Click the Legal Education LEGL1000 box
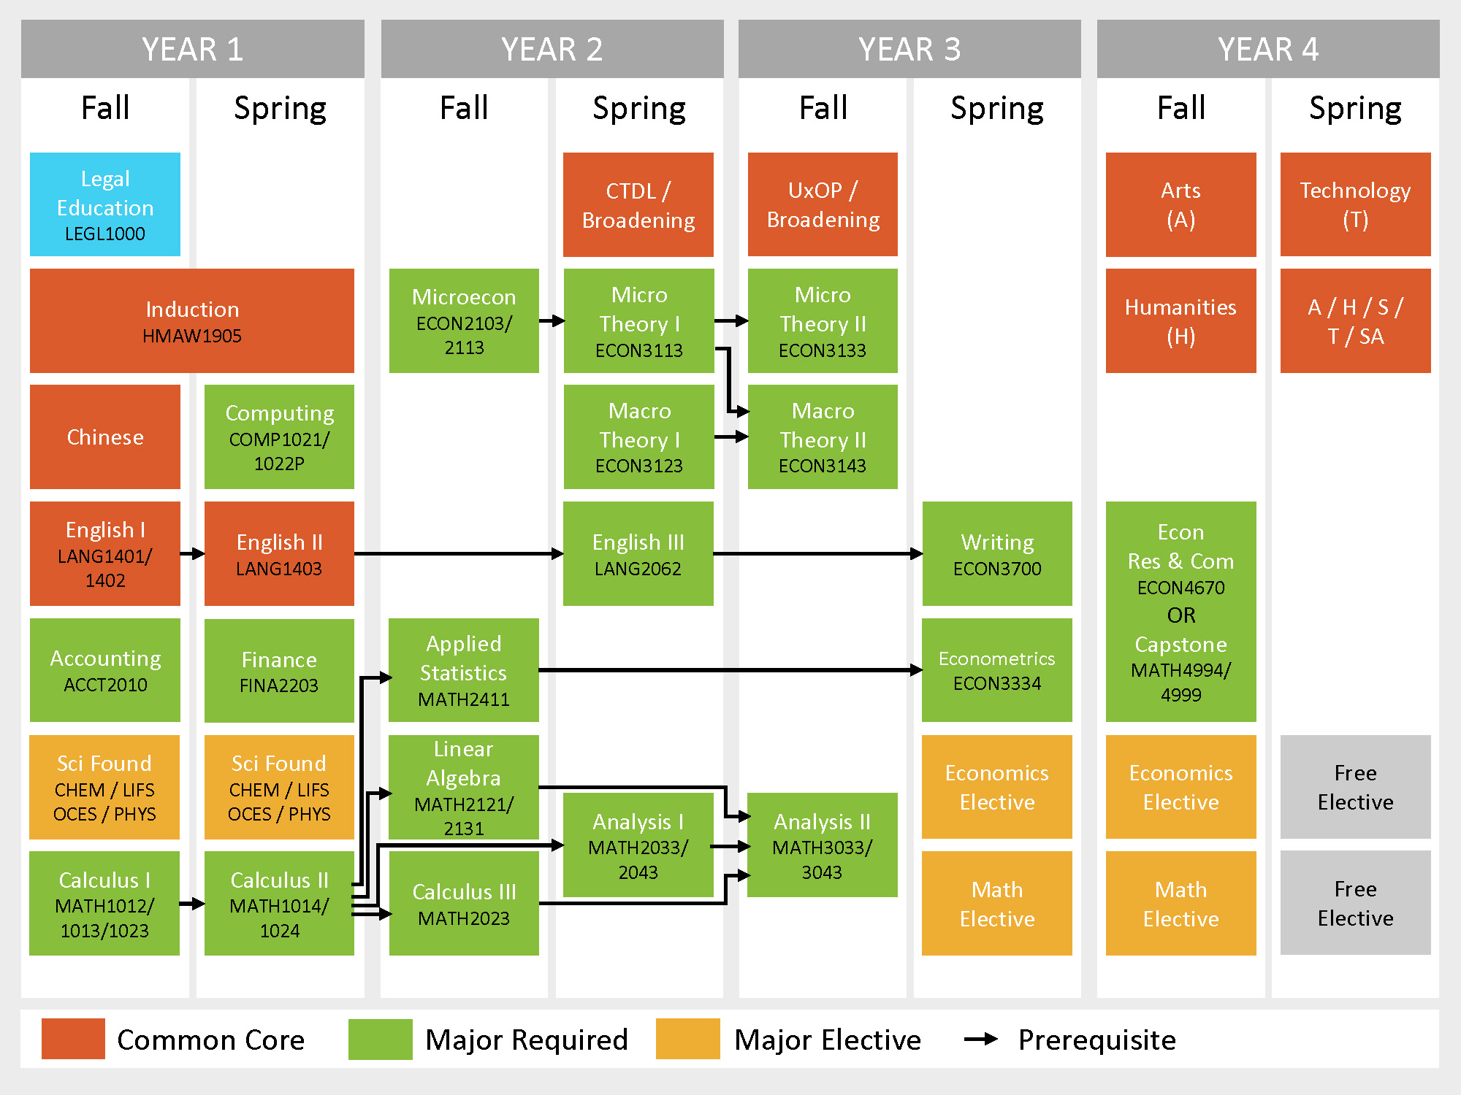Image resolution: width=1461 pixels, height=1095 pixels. [x=105, y=204]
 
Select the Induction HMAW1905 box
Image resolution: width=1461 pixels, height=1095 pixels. [x=192, y=320]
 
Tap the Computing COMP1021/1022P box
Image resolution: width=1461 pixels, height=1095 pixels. [x=279, y=437]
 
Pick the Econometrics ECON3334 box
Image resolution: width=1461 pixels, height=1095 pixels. [x=997, y=670]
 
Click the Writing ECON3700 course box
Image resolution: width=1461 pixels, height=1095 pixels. [x=997, y=553]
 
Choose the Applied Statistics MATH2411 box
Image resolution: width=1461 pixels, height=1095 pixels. [x=464, y=670]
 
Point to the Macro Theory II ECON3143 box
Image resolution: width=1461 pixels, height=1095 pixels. [x=823, y=437]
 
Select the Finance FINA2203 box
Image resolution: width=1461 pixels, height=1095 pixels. [x=279, y=670]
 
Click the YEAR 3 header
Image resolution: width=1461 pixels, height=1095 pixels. [x=909, y=49]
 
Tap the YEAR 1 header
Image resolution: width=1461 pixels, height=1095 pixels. [x=193, y=49]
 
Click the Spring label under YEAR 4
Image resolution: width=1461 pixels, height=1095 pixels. [x=1355, y=108]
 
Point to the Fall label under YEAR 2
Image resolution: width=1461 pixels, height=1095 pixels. [x=464, y=108]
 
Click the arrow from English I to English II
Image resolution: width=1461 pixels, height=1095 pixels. [x=192, y=554]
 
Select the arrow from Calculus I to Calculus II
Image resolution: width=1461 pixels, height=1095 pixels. [x=192, y=904]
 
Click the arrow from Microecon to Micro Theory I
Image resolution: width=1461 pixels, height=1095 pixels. [x=552, y=320]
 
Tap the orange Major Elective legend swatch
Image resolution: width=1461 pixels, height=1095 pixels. [x=687, y=1039]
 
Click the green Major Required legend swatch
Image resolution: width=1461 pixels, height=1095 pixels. [x=380, y=1039]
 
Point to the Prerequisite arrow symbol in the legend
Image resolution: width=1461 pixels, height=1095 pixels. [x=981, y=1039]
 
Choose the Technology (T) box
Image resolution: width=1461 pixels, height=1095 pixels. [x=1355, y=204]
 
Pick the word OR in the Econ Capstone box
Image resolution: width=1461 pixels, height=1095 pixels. [x=1181, y=615]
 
